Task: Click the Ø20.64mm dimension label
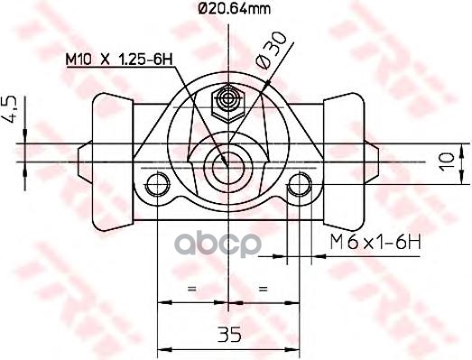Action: (234, 8)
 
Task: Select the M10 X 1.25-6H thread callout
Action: (119, 60)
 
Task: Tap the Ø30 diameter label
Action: (271, 51)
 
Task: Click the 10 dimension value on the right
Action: (447, 162)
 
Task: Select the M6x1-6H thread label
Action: (375, 243)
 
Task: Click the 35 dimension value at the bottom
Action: (229, 334)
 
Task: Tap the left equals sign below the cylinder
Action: (191, 289)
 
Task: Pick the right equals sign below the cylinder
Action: (264, 289)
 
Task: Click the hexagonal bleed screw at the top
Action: (228, 104)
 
